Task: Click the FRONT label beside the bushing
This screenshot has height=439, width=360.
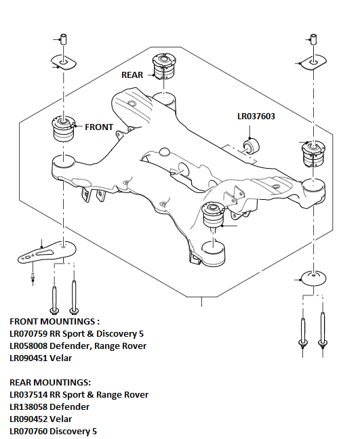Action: click(x=99, y=127)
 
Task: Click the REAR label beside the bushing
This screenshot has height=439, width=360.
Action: click(x=132, y=75)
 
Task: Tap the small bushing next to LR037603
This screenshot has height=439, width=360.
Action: click(x=251, y=145)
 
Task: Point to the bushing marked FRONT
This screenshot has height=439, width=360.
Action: click(x=62, y=129)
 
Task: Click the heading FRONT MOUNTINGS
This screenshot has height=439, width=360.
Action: click(x=54, y=321)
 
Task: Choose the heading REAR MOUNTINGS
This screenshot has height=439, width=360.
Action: click(x=49, y=382)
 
